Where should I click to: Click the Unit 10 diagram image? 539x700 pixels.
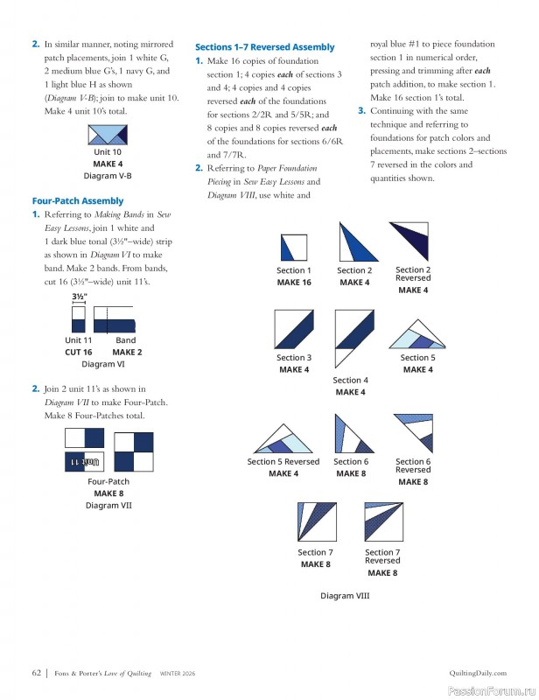[108, 135]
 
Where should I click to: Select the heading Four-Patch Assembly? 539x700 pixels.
[78, 200]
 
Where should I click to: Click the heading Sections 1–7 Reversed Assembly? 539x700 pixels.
[264, 46]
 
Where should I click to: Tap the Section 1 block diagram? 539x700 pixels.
[293, 248]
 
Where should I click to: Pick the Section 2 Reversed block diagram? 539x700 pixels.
[412, 241]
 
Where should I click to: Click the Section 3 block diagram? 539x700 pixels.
[293, 330]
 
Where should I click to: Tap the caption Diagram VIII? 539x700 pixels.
[345, 596]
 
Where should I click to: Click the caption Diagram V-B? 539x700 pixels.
[108, 175]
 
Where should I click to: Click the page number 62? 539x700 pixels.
[37, 673]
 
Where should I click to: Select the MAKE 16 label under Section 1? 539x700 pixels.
[294, 283]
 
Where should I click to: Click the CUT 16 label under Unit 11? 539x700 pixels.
[78, 352]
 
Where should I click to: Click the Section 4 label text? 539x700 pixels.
[350, 381]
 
